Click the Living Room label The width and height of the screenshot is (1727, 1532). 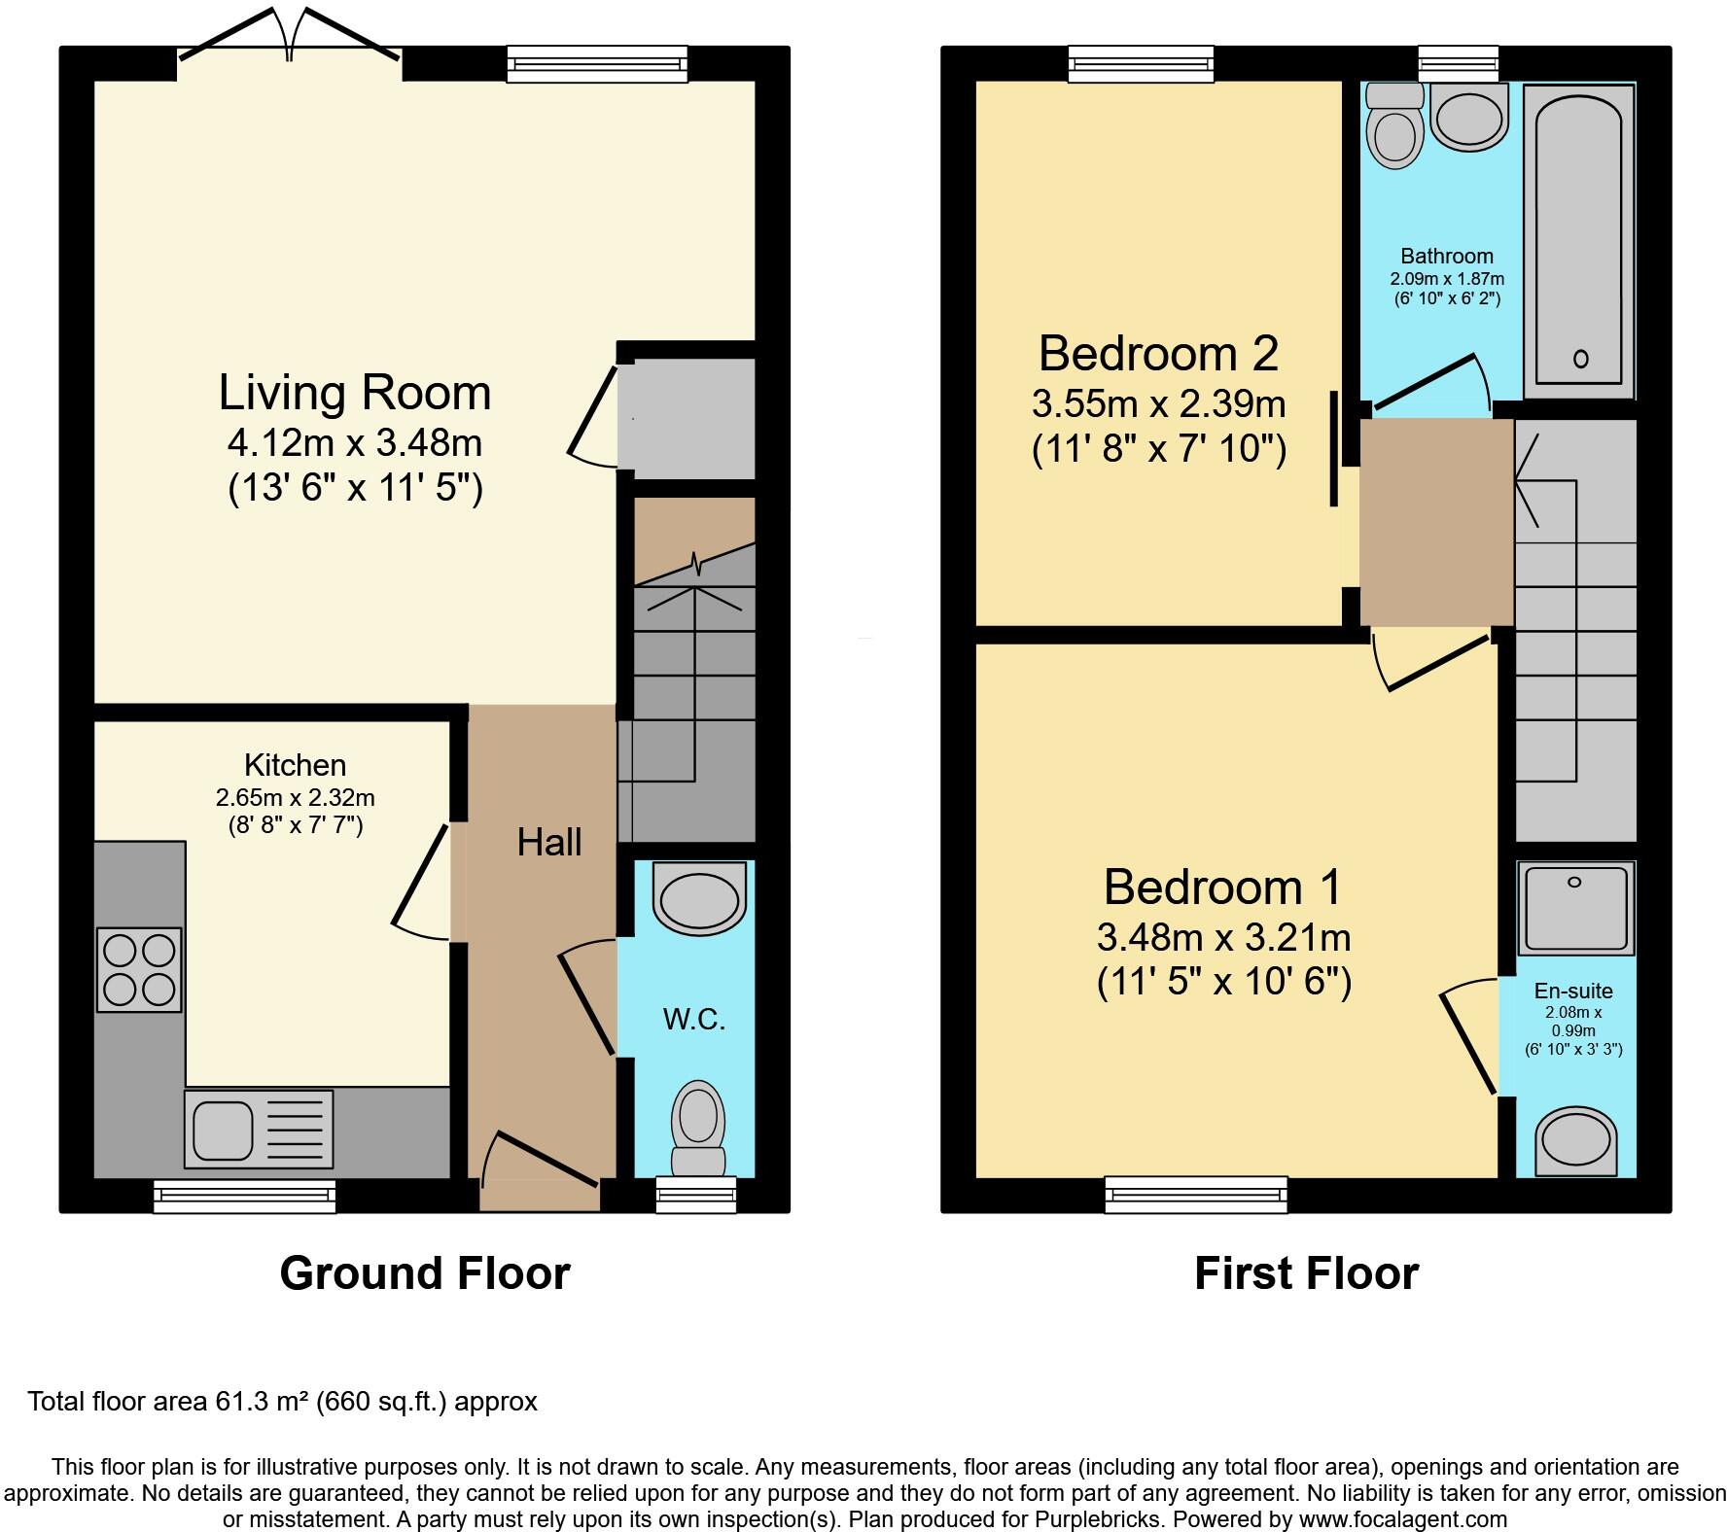(x=355, y=393)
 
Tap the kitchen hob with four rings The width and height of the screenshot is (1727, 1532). (x=139, y=969)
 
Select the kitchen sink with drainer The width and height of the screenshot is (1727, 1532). (x=259, y=1128)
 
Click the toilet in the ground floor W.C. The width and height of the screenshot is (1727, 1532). (x=698, y=1128)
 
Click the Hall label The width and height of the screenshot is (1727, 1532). (x=549, y=842)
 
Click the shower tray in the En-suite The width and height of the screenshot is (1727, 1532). (x=1574, y=908)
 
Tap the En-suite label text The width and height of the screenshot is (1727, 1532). (x=1572, y=991)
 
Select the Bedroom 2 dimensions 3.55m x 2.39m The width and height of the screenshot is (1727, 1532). (x=1159, y=403)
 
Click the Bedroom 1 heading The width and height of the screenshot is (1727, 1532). (x=1222, y=887)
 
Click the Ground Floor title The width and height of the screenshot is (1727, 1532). (x=425, y=1272)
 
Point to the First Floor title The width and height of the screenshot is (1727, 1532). (x=1306, y=1272)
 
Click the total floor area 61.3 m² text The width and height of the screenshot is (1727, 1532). (x=282, y=1401)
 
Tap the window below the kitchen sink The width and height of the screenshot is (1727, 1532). (x=245, y=1196)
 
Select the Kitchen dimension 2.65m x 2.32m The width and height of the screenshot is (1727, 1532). (x=295, y=798)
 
